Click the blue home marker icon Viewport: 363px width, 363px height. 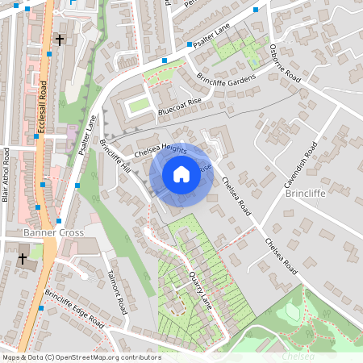[181, 174]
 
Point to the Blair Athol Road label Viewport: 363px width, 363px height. [6, 174]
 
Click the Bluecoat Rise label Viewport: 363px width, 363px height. [179, 105]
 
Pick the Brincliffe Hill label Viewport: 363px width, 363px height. [115, 156]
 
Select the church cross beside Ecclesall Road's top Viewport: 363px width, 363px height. [59, 39]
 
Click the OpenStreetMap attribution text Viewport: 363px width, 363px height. [81, 357]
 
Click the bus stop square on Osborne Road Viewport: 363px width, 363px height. [257, 10]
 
